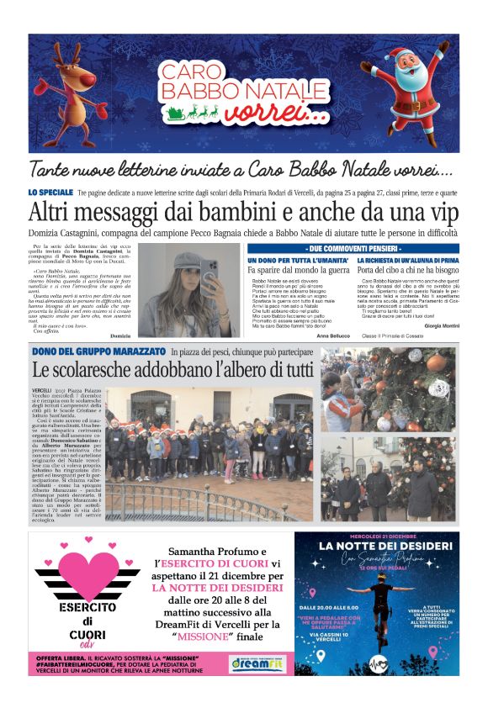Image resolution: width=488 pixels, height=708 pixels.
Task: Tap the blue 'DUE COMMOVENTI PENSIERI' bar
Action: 353,249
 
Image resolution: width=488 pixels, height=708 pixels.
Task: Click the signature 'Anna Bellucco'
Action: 334,336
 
